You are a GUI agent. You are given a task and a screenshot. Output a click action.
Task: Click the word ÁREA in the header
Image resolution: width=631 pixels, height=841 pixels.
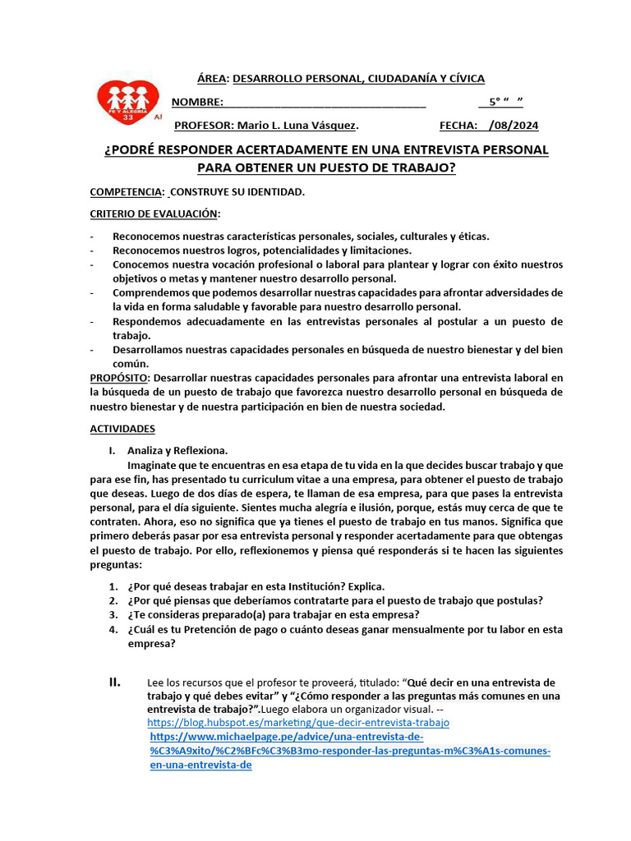tap(212, 79)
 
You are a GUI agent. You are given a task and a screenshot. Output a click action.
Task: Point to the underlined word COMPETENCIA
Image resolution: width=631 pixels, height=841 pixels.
tap(125, 191)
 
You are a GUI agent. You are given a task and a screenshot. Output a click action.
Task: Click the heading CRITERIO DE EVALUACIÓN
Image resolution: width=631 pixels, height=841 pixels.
tap(154, 214)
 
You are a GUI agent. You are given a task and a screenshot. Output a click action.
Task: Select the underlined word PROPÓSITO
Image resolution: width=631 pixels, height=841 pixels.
tap(119, 378)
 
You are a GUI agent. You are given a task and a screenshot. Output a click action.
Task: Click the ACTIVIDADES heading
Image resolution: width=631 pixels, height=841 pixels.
tap(122, 429)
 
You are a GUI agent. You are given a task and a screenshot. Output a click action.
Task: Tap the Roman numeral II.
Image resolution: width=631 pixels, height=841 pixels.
tap(115, 682)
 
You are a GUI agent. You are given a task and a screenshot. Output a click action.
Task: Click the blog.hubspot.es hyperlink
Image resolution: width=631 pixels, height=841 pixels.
tap(298, 723)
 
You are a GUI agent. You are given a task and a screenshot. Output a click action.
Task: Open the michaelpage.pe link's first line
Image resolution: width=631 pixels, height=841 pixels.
tap(286, 738)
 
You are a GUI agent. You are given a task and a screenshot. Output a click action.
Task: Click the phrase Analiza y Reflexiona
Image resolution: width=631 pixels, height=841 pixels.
tap(177, 451)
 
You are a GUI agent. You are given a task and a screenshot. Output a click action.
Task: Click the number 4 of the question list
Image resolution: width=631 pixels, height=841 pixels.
tap(113, 630)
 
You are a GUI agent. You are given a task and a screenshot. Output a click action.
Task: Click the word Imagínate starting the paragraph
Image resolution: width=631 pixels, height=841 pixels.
tap(152, 465)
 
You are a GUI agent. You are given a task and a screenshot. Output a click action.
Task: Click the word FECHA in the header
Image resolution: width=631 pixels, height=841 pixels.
tap(458, 126)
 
